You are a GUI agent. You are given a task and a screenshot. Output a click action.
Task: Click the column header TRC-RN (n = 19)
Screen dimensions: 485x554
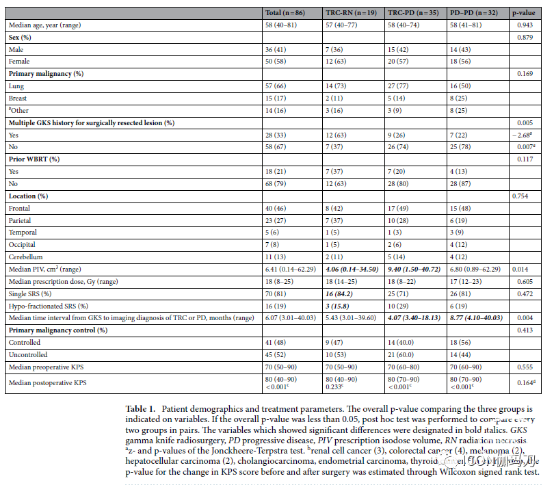(x=349, y=12)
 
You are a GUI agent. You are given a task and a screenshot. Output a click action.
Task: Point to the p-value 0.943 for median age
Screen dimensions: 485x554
(x=525, y=25)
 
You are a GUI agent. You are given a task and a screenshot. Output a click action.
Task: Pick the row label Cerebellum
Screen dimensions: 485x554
(x=26, y=257)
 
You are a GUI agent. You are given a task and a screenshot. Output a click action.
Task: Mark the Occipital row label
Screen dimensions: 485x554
(x=24, y=245)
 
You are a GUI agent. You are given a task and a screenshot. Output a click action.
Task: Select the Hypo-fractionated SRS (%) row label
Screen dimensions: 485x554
(x=51, y=306)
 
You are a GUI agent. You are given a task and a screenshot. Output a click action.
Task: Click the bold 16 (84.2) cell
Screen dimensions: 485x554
(x=341, y=294)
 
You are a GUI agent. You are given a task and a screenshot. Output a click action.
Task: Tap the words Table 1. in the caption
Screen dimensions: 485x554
(x=141, y=408)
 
